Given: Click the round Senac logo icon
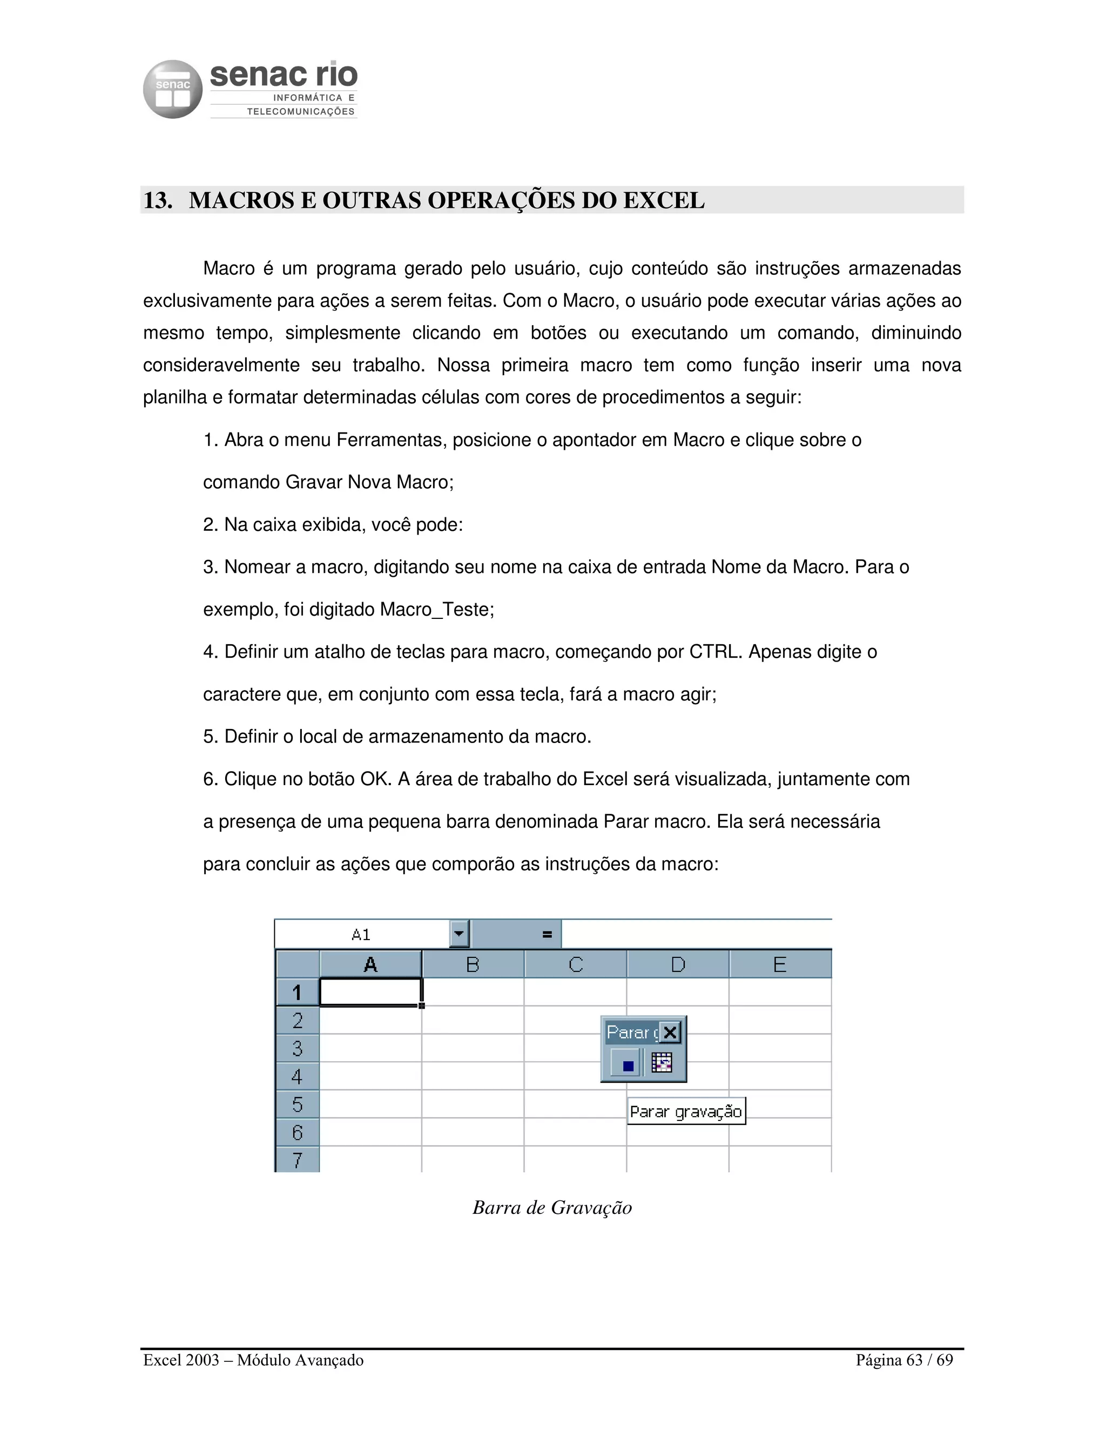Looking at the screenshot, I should (x=172, y=89).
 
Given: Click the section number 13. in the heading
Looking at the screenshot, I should (x=158, y=200).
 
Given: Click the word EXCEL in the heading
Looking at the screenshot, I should (x=663, y=200).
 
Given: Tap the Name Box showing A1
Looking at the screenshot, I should (x=361, y=934).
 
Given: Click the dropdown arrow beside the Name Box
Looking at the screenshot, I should (x=460, y=934).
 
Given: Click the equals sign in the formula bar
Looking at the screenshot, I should (x=547, y=935).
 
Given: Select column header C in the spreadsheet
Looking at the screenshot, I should (x=575, y=964).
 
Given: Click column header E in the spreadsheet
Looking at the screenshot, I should (x=780, y=964).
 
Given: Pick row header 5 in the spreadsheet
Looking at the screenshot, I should (x=298, y=1105).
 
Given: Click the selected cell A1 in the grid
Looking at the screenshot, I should (x=370, y=992).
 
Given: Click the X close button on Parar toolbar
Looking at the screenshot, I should (x=670, y=1033).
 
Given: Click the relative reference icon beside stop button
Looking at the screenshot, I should (x=662, y=1062).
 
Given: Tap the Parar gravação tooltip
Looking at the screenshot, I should (x=685, y=1111).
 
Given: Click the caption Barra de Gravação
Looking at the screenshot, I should (x=552, y=1207).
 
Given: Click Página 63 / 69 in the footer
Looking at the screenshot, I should (x=903, y=1360).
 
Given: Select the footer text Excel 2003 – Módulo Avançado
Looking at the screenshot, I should (x=253, y=1360).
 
